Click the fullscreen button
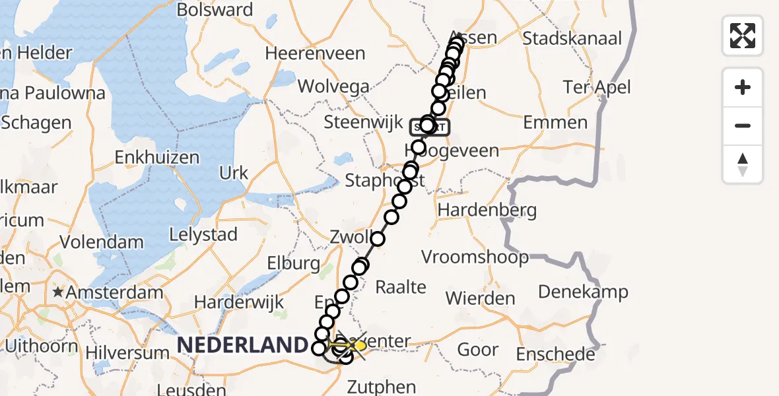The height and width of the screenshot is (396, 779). coord(743,36)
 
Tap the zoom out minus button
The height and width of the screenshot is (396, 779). coord(743,125)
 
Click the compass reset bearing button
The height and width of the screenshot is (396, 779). coord(743,164)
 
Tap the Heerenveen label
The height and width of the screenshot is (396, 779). coord(315,53)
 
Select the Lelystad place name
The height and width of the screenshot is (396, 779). coord(203,234)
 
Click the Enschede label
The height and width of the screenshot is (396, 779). coord(555,354)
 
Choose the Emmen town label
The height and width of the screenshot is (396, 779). coord(555,122)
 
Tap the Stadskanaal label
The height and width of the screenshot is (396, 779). coord(572,38)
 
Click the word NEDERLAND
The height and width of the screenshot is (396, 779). coord(242,345)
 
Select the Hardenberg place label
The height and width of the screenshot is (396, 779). coord(487,211)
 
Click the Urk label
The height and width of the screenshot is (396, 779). coord(234,173)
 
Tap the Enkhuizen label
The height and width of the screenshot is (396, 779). coord(157,157)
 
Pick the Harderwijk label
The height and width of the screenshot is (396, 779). coord(239,302)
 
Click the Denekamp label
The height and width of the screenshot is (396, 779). coord(583,291)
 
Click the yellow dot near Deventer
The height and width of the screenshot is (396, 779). coord(360,345)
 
